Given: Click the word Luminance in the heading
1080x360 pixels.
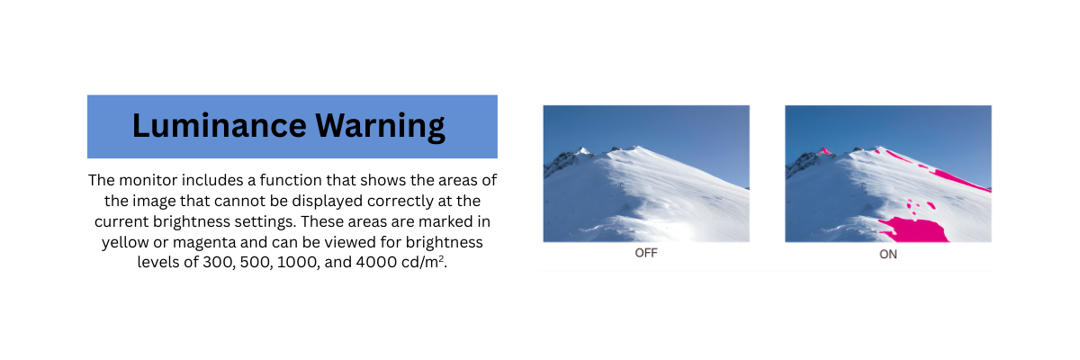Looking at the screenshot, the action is (220, 125).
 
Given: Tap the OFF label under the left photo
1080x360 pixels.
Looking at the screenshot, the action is (646, 253).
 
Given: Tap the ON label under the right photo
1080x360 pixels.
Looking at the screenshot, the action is (888, 254).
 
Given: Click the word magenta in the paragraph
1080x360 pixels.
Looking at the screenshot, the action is (204, 243).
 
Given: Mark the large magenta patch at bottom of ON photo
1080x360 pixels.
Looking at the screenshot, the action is (913, 230).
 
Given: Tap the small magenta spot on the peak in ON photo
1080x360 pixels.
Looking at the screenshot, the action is (824, 151).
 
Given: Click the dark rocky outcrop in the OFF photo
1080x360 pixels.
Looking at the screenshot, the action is (561, 162).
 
